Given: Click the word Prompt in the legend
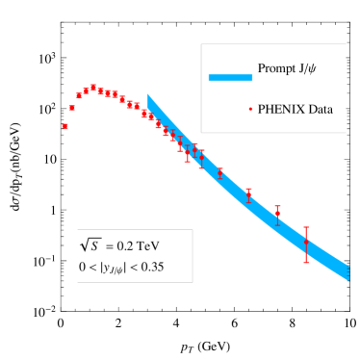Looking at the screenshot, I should point(277,69).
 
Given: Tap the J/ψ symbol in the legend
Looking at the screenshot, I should point(314,69).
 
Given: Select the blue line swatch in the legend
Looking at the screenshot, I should point(230,78).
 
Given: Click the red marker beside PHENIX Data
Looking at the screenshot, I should point(250,109).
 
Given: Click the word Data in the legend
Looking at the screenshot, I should point(321,109).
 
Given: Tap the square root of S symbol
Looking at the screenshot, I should point(90,244).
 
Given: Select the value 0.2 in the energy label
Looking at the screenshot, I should point(126,245).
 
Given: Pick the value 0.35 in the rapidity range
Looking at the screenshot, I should point(150,267).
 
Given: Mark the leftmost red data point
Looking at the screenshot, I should point(64,126).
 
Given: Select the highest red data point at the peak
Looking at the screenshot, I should point(92,88).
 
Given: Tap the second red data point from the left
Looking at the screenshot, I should point(71,108).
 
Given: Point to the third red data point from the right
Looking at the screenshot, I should point(248,194).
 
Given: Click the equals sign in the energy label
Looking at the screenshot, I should point(110,245).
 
